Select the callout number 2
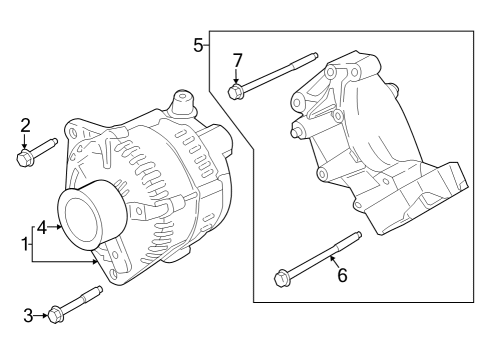coord(25,125)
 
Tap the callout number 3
coord(28,316)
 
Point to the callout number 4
coord(42,228)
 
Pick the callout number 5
coord(198,44)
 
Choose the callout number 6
coord(341,276)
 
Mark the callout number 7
coord(237,60)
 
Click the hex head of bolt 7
coord(237,93)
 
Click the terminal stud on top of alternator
coord(181,102)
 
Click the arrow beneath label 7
coord(237,77)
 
